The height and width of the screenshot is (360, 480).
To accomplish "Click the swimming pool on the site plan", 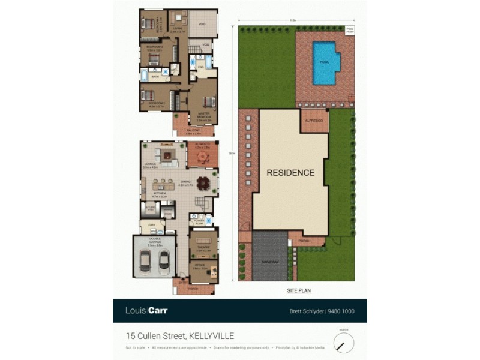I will pos(324,62).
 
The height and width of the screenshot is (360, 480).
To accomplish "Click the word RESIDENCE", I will pos(290,173).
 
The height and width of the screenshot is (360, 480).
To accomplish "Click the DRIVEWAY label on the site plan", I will pos(270,262).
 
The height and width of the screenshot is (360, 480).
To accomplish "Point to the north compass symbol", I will pos(343,343).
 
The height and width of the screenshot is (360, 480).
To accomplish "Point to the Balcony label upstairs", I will pos(193,131).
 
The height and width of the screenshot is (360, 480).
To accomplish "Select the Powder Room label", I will pos(199,222).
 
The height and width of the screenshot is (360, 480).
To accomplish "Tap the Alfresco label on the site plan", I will pos(314,121).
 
